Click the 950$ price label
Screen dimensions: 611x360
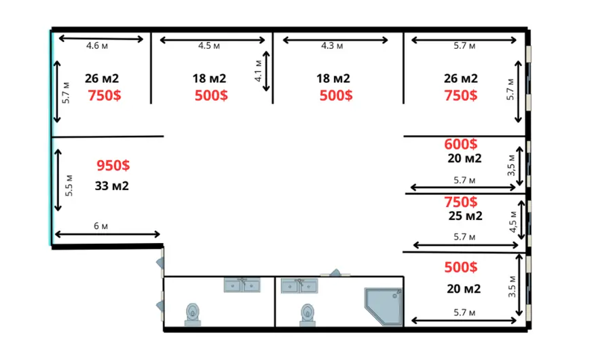tap(113, 165)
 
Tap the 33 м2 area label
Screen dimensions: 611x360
tap(112, 185)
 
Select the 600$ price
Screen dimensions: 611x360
tap(460, 144)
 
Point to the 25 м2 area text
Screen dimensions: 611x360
tap(465, 216)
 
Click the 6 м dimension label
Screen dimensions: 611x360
tap(101, 226)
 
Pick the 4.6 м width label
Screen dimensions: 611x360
tap(97, 46)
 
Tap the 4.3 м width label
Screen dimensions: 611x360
tap(332, 46)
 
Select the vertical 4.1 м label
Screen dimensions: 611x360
tap(258, 71)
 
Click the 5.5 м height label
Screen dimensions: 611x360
tap(69, 185)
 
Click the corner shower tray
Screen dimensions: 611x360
tap(384, 306)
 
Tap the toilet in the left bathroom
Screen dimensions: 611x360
tap(193, 314)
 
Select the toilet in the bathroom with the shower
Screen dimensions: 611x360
tap(308, 315)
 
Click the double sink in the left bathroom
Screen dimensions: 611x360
tap(242, 285)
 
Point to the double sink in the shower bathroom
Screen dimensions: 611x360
tap(299, 286)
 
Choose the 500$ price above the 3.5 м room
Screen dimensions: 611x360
tap(460, 267)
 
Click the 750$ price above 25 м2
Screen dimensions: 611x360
tap(460, 202)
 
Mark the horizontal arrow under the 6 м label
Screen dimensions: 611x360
tap(107, 234)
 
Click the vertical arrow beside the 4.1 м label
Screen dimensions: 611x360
tap(266, 71)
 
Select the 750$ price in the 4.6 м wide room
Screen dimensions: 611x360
tap(104, 95)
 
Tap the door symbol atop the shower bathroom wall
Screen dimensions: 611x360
tap(335, 272)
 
